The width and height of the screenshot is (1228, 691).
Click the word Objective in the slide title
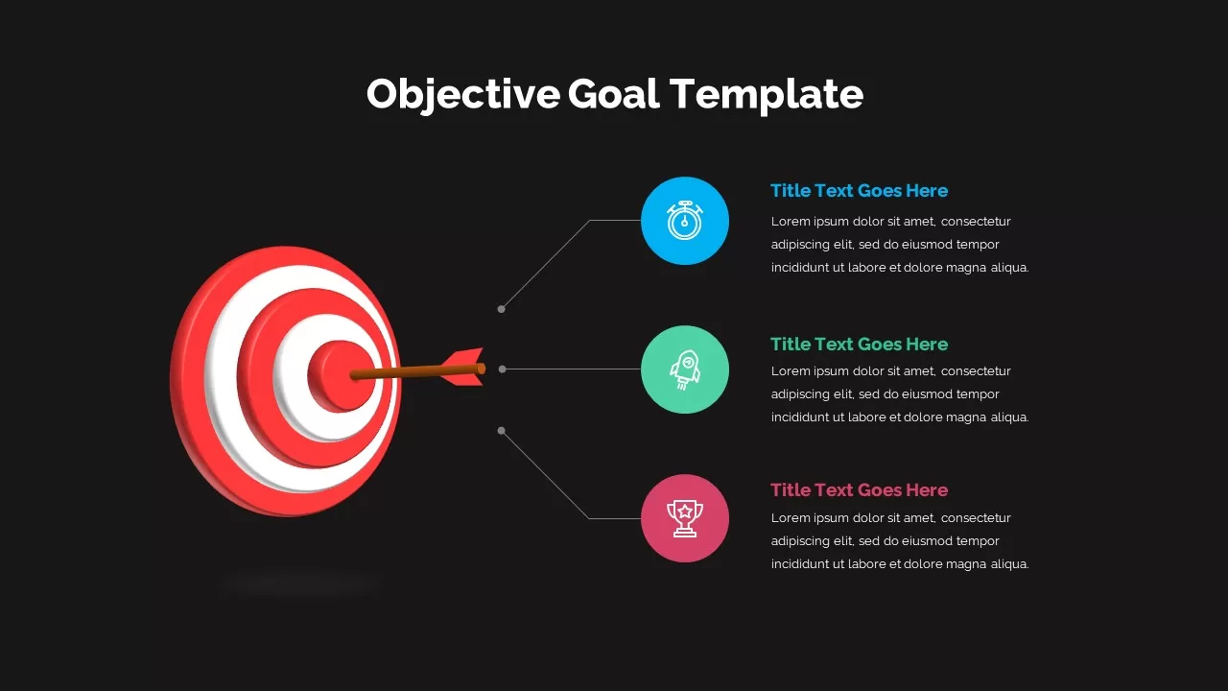[463, 94]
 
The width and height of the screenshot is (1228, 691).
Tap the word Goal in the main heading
[613, 93]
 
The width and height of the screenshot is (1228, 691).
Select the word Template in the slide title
[767, 95]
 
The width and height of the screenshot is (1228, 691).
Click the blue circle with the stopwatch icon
[685, 221]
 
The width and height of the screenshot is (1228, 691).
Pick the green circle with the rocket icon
[685, 369]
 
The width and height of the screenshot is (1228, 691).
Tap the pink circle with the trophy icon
[685, 518]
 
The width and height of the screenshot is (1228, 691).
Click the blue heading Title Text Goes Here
[859, 190]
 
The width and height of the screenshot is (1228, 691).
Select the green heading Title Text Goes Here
[859, 344]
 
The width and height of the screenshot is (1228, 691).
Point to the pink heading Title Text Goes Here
[859, 489]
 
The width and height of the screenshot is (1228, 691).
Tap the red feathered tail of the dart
[463, 367]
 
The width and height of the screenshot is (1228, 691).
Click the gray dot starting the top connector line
[501, 309]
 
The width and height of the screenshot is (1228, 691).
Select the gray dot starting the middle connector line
[502, 369]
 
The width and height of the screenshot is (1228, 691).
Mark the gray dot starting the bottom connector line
[501, 431]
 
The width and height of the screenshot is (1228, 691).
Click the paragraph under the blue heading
[900, 244]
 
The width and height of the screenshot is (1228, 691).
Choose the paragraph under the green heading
[900, 393]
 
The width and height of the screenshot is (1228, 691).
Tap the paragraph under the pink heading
[900, 540]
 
